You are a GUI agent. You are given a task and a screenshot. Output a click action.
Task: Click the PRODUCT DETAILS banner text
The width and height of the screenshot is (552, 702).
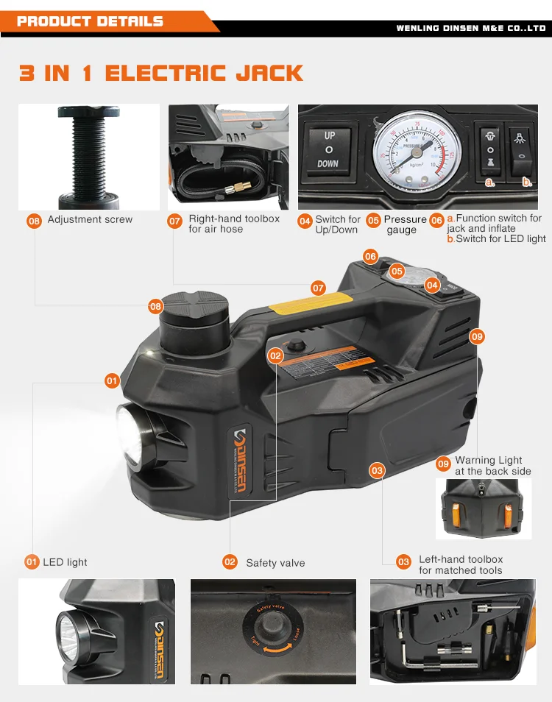[90, 21]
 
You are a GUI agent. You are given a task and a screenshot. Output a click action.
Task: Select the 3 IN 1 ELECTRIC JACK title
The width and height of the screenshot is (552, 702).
[160, 74]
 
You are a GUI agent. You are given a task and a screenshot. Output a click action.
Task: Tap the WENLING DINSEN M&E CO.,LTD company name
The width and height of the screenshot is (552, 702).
[471, 28]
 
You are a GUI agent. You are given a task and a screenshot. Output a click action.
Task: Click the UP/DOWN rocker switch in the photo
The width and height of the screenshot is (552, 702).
[329, 149]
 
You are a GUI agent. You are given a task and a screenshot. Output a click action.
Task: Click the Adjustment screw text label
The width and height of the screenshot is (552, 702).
[90, 219]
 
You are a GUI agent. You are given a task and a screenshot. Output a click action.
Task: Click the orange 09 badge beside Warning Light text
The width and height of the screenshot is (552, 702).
[443, 464]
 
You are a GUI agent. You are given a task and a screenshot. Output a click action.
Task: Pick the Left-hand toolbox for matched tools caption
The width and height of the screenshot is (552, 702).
[461, 564]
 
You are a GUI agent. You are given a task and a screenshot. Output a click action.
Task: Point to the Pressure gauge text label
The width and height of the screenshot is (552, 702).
[404, 224]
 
